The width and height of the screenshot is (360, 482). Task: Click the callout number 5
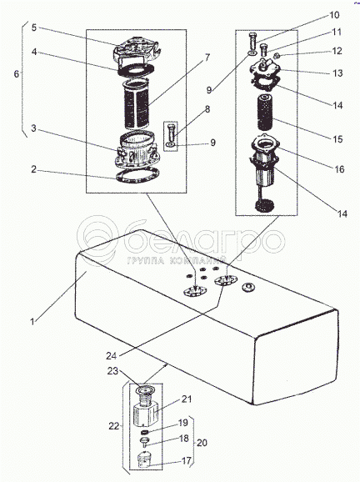point(34,28)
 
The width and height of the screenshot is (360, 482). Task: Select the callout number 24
point(111,355)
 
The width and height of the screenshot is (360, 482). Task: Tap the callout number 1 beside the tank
point(32,322)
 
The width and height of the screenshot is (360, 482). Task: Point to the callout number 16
point(339,169)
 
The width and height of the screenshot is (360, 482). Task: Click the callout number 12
point(337,51)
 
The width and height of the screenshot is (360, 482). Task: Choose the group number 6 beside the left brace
point(17,73)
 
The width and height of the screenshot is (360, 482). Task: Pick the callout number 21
point(186,399)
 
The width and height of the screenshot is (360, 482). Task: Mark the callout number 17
point(186,460)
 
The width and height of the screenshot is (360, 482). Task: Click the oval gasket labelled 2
point(137,176)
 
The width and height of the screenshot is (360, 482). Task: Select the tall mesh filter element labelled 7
point(137,104)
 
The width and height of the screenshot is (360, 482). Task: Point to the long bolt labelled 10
point(252,43)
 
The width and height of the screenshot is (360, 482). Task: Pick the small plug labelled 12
point(276,56)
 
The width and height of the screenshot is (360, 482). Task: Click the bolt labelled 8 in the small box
point(172,133)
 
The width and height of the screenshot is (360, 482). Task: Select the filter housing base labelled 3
point(137,150)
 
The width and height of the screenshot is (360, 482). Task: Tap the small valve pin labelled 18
point(144,443)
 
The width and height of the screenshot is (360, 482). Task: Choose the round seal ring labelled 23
point(145,390)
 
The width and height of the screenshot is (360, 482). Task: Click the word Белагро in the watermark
point(204,240)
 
